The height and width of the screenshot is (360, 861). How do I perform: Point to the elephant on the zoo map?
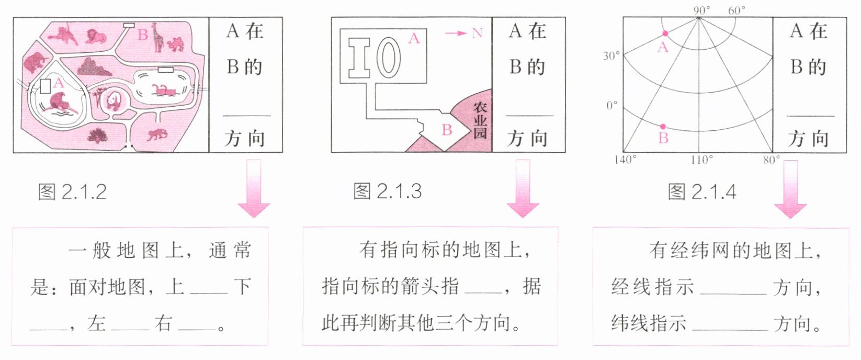[x=35, y=61]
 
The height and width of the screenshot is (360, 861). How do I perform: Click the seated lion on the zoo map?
[x=96, y=37]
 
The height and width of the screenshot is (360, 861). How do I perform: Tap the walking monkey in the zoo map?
[x=157, y=134]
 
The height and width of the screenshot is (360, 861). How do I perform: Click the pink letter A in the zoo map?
[x=58, y=82]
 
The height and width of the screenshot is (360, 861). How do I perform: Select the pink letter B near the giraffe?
[x=142, y=35]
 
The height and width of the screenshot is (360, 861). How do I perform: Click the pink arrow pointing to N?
[x=456, y=33]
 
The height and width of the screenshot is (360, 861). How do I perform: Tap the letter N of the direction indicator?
[x=477, y=33]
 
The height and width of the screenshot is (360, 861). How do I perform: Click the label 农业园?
[x=480, y=120]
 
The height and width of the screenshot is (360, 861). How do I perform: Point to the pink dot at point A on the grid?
[x=665, y=33]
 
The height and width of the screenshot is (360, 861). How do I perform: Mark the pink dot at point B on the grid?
[x=663, y=127]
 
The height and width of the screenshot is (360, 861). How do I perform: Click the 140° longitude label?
[x=626, y=160]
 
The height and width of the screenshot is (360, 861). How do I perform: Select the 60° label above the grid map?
[x=737, y=10]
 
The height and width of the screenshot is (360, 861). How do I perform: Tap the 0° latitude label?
[x=612, y=105]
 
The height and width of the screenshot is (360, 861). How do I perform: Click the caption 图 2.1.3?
[x=387, y=192]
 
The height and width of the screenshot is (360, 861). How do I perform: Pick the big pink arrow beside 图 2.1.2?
[x=254, y=188]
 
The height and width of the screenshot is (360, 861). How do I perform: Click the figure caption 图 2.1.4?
[x=702, y=192]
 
